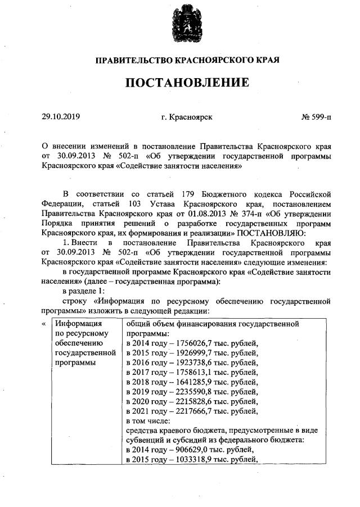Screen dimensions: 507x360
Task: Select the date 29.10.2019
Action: point(61,117)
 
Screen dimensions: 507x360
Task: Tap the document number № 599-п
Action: point(317,117)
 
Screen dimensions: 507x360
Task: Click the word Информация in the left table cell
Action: point(77,324)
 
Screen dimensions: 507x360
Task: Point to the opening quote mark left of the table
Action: point(44,324)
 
